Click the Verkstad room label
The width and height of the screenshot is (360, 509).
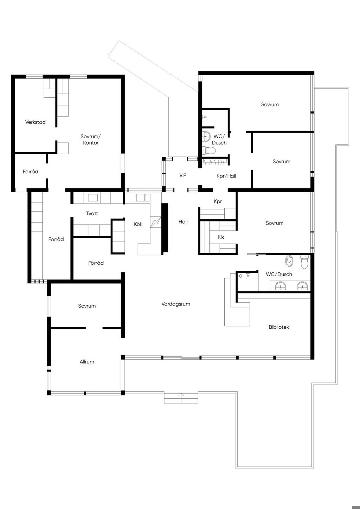coord(35,122)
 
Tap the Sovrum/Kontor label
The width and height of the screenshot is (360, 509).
coord(91,140)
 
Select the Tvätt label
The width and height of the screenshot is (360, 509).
coord(92,213)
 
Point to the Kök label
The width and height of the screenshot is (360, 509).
coord(138,224)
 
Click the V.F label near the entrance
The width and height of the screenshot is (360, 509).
coord(183,175)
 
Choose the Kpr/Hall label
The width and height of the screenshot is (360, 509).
coord(226,176)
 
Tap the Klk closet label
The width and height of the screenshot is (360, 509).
coord(221,237)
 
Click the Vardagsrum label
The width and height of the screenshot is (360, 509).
coord(176,304)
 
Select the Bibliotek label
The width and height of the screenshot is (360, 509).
coord(279,327)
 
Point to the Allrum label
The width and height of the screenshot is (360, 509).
coord(87,362)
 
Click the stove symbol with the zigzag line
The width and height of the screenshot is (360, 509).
coord(156,222)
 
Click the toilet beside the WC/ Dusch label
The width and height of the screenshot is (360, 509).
coord(209,150)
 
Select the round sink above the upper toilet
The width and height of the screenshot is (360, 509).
coord(206,136)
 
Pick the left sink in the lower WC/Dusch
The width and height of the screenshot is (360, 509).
coord(281,286)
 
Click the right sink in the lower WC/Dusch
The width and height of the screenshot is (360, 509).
coord(302,286)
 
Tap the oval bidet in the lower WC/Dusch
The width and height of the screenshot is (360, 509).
coord(289,261)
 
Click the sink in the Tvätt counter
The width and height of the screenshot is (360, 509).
coord(93,198)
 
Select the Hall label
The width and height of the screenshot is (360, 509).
coord(183,222)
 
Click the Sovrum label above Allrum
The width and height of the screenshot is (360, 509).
coord(87,306)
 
